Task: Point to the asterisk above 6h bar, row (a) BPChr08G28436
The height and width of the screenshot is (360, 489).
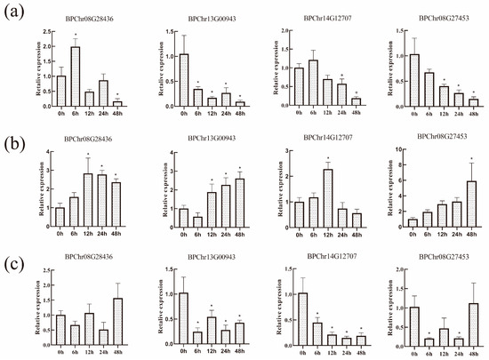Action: (x=76, y=36)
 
